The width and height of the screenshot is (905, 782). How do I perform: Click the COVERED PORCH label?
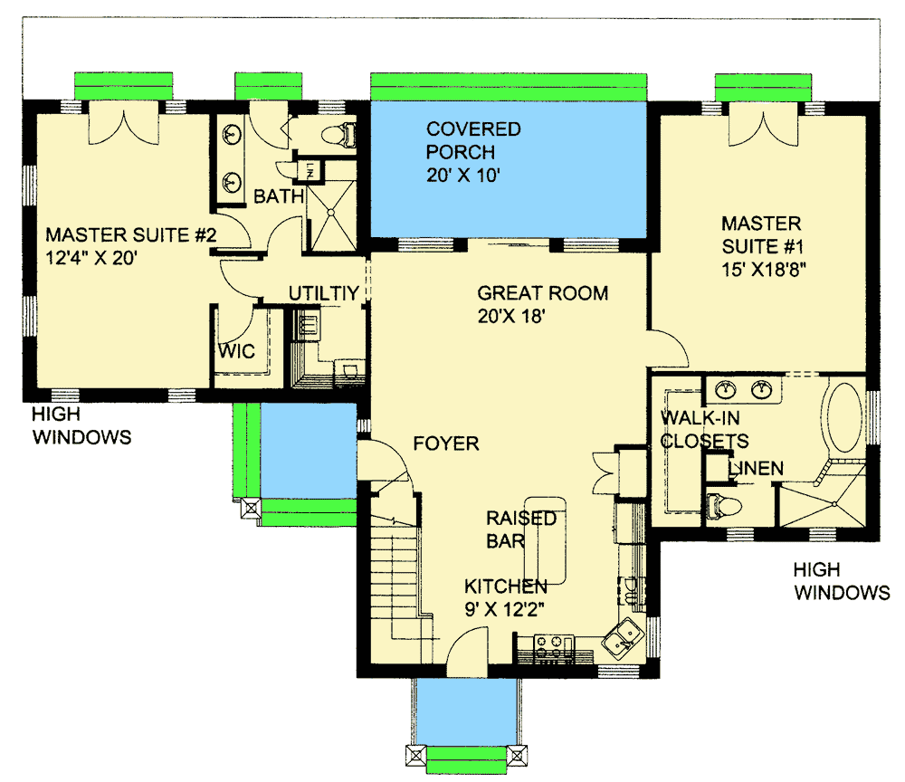[473, 140]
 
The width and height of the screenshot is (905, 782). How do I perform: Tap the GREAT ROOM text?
[542, 293]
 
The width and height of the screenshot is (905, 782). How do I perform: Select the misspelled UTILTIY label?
[324, 293]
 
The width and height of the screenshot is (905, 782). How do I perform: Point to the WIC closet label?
[236, 350]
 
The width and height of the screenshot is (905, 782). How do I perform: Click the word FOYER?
[445, 443]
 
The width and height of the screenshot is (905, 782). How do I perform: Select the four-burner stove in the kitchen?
[552, 645]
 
